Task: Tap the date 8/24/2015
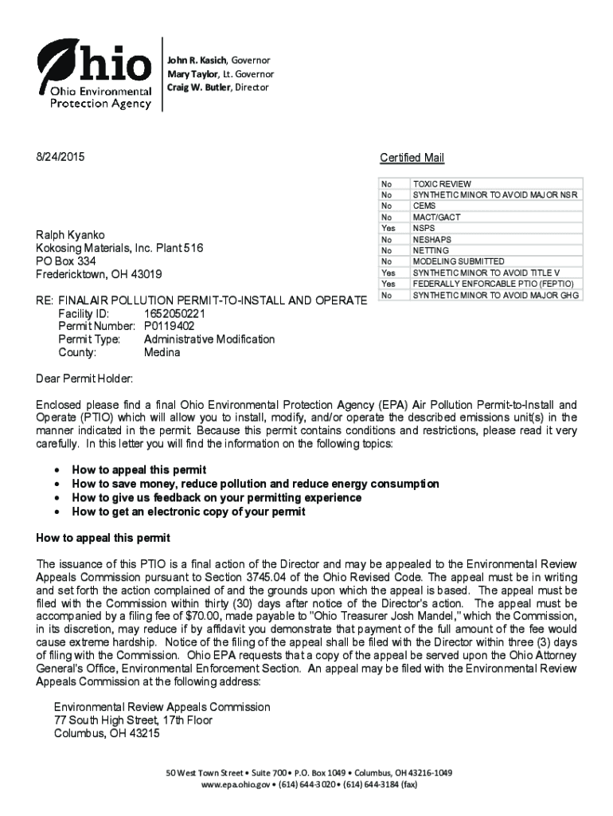[60, 157]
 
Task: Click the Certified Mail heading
[412, 158]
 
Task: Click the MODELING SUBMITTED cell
[458, 261]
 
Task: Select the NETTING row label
[431, 250]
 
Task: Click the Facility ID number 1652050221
[174, 314]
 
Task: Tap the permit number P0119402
[169, 327]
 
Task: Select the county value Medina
[162, 352]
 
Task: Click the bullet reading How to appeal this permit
[139, 470]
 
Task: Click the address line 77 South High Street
[133, 720]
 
